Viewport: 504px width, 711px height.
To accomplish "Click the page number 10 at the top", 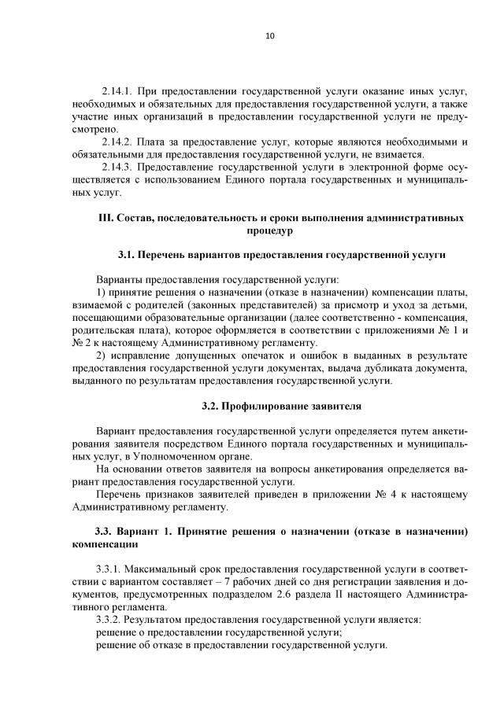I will pos(269,35).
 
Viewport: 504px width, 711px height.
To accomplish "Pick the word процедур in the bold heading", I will pos(269,231).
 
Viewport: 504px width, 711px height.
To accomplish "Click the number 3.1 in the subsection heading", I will pos(127,256).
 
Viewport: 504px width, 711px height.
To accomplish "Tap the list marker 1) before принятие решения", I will pos(101,293).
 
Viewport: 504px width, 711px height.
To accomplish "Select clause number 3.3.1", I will pos(111,569).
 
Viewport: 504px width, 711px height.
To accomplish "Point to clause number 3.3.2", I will pos(111,619).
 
